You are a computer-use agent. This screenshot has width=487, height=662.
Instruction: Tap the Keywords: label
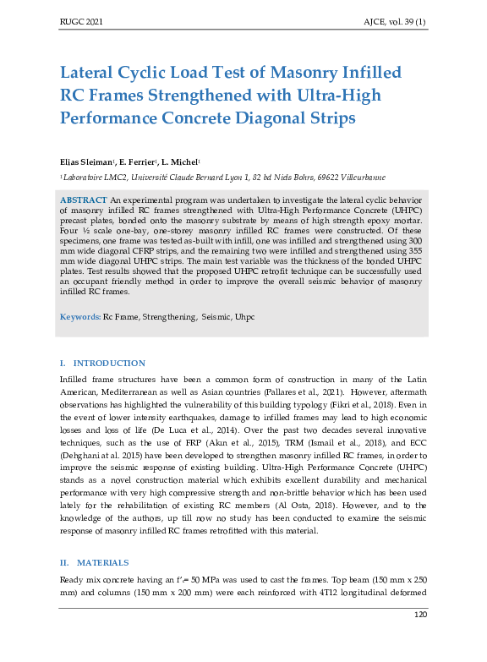pos(79,316)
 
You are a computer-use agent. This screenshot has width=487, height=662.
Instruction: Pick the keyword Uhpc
pos(244,316)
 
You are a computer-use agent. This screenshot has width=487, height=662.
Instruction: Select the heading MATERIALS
pos(103,562)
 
